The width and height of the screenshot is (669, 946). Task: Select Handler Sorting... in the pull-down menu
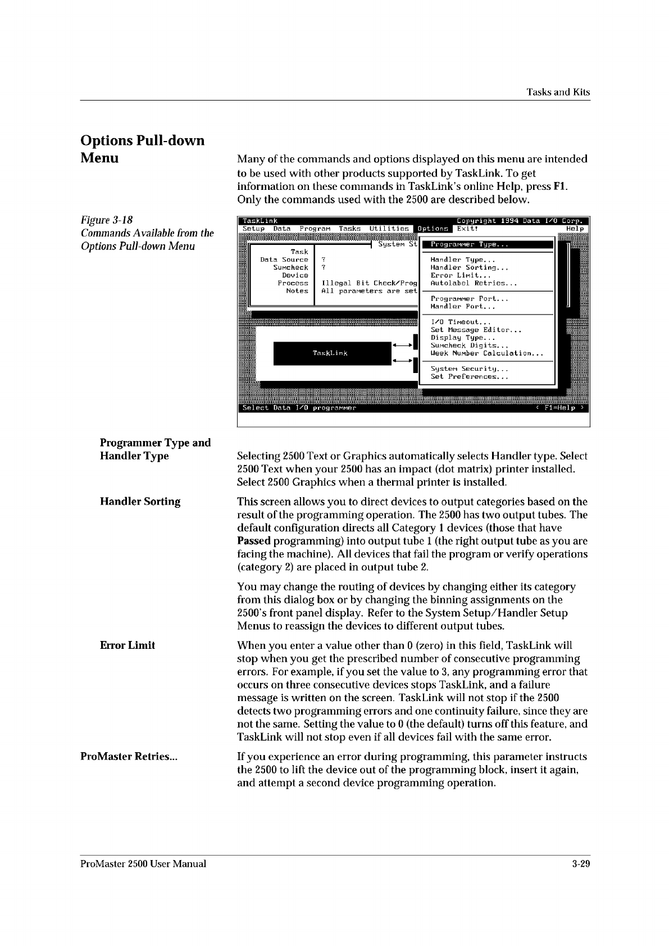[469, 268]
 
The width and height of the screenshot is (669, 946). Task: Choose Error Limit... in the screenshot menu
[461, 276]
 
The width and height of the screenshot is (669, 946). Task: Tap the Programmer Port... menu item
[469, 299]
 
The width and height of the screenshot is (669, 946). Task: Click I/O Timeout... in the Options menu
[460, 322]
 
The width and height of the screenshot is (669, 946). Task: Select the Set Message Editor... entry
[476, 330]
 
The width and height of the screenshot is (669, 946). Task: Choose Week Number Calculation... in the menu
[486, 353]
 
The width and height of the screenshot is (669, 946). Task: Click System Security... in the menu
[469, 369]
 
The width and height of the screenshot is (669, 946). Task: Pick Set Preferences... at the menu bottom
[469, 377]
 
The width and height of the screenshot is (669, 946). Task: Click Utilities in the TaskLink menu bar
[389, 229]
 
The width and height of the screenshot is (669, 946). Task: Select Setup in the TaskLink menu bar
[254, 229]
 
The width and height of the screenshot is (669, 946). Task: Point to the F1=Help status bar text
[559, 408]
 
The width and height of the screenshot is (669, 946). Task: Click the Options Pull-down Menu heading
[143, 149]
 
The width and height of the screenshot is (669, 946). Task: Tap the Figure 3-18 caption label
[107, 220]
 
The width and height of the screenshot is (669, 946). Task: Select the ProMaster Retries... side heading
[129, 756]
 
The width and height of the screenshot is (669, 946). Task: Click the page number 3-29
[577, 863]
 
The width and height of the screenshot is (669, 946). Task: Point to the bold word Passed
[254, 541]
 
